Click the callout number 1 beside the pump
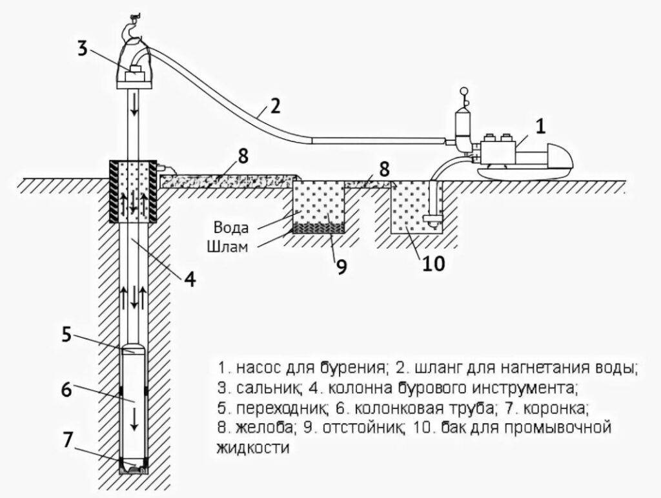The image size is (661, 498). click(x=540, y=127)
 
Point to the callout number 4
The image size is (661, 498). click(x=189, y=280)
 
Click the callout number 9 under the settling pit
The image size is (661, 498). click(x=341, y=267)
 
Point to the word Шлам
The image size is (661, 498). click(x=227, y=246)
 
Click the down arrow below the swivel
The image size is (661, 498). click(x=134, y=105)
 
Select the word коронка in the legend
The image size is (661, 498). click(x=554, y=408)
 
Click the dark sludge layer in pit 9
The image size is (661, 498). click(x=319, y=227)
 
